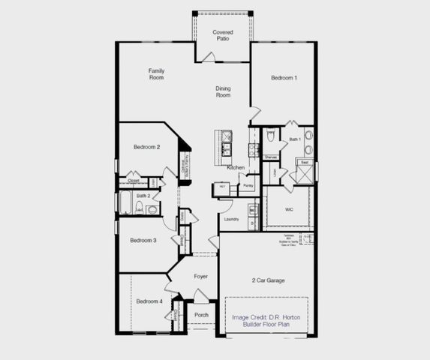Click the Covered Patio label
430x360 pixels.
click(x=222, y=36)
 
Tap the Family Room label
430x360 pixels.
click(x=156, y=74)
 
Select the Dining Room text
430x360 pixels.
click(x=223, y=92)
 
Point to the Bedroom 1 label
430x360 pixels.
click(x=284, y=78)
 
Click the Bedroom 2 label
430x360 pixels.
click(x=146, y=147)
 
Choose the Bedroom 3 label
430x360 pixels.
click(x=143, y=241)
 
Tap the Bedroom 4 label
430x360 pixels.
click(x=149, y=301)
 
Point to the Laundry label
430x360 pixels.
click(x=231, y=219)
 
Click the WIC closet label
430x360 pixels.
click(x=288, y=210)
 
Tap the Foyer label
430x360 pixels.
click(x=200, y=277)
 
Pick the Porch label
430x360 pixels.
click(x=200, y=315)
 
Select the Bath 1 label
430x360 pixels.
click(x=295, y=139)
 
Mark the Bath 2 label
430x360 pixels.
click(x=143, y=196)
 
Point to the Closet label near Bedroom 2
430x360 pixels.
click(x=134, y=181)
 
